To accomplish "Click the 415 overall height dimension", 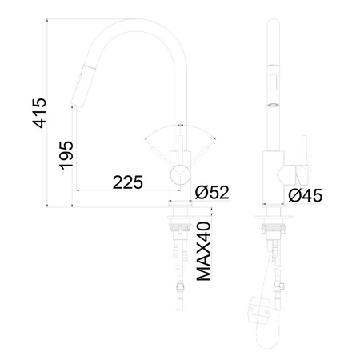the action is point(39,113).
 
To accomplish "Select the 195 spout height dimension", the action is point(66,155).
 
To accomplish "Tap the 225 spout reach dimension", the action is point(128,182).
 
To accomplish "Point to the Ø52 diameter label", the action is point(212,192).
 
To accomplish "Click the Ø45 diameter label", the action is point(306,195).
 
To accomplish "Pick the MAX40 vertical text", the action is point(204,251).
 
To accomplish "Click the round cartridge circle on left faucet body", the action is point(180,174).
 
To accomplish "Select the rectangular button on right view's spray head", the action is point(273,82).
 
